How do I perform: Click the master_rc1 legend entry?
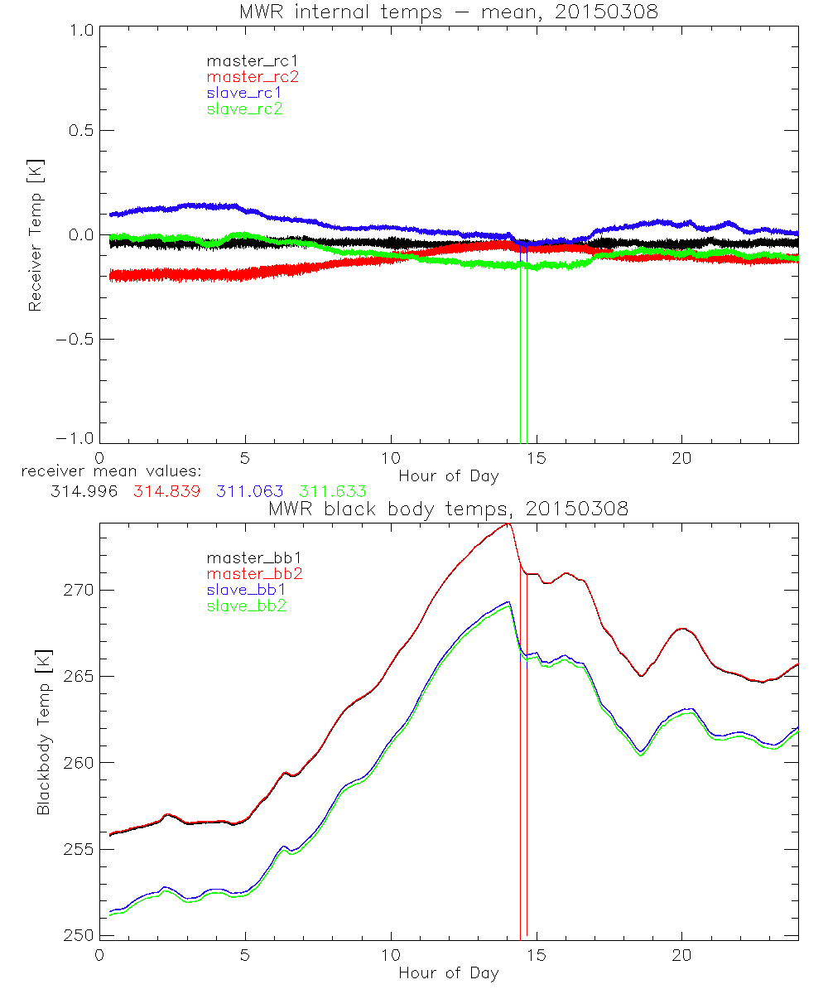(x=244, y=60)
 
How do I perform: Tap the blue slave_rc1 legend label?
(x=244, y=93)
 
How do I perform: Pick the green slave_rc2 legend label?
(x=244, y=109)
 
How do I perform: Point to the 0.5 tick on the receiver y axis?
(x=79, y=131)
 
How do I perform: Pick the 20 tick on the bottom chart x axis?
(x=681, y=954)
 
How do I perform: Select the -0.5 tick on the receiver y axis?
(x=76, y=339)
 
